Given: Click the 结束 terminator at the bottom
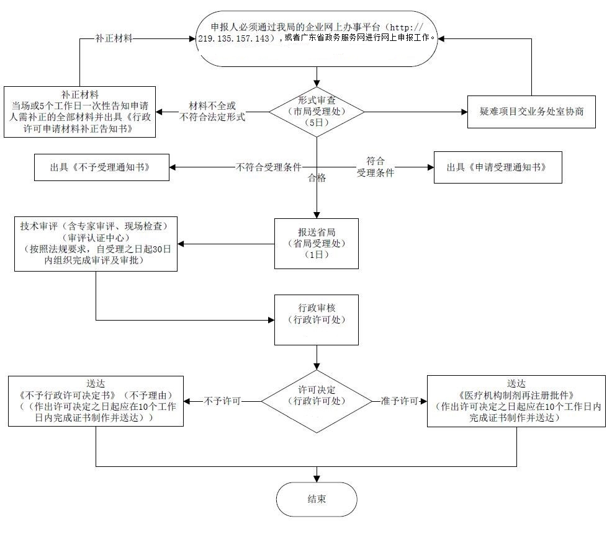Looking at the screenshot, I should coord(317,499).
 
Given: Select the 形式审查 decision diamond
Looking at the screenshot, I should coord(317,112).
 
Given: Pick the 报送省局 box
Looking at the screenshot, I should coord(317,243).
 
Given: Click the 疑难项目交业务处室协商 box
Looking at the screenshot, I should coord(531,112).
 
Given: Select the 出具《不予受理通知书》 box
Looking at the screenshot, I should coord(102,167).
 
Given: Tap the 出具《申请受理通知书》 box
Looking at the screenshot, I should coord(498,167).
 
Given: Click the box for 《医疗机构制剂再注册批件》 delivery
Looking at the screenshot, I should coord(516,401).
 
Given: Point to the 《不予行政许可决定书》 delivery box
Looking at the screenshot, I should coord(96,401).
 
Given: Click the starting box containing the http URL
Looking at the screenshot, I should coord(317,38).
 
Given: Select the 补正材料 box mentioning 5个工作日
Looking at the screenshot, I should coord(79,112).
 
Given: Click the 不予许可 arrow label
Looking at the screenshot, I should coord(222,401).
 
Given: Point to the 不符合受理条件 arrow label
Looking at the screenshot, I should coord(268,167).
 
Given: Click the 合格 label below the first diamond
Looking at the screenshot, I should coord(317,179).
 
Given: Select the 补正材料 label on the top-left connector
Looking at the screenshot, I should coord(114,38).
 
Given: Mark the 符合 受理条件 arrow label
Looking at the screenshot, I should coord(375,167).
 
